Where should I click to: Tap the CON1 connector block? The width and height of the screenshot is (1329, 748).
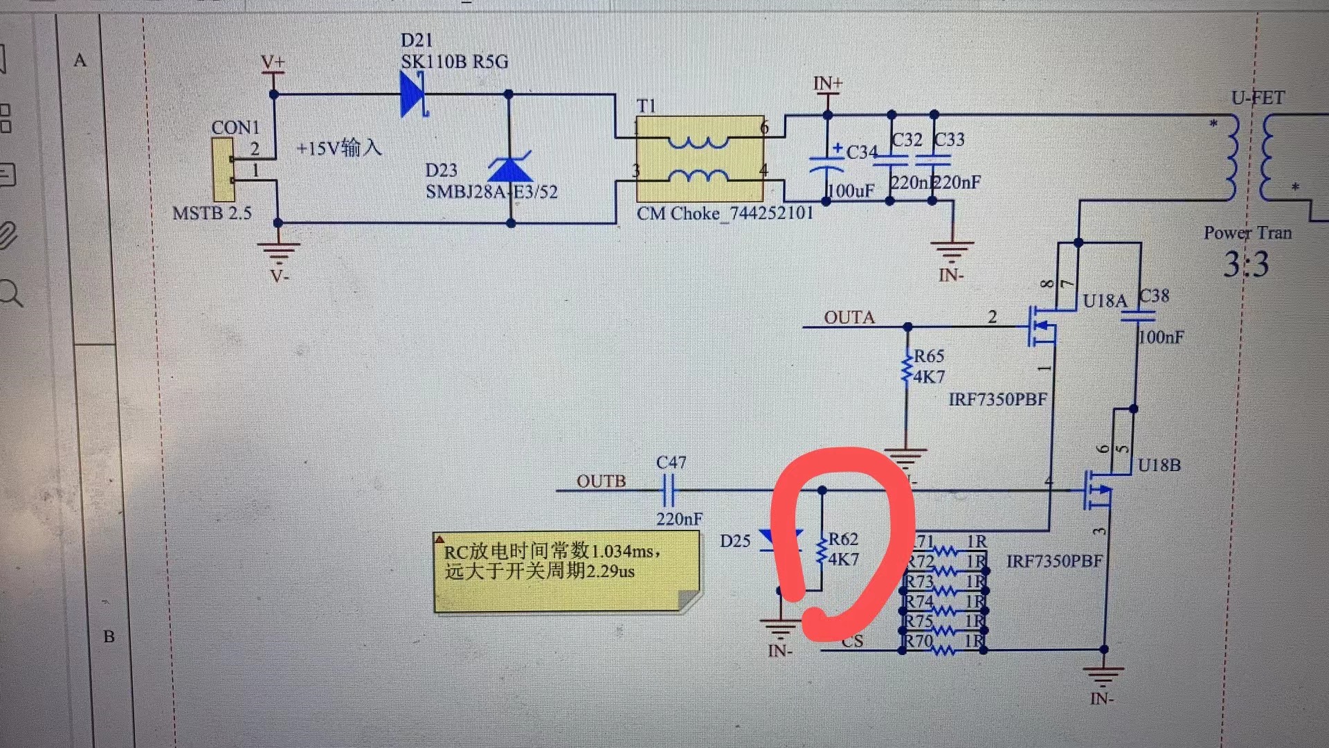(223, 168)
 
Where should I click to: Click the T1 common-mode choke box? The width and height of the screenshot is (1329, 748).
(700, 159)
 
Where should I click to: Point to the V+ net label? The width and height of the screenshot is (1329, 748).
(273, 62)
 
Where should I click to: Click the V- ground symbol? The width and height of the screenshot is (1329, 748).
(278, 253)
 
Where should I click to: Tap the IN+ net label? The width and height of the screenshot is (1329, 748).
(828, 84)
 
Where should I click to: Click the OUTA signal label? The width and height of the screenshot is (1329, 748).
(849, 317)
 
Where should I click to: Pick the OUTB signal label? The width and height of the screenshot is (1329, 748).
(601, 481)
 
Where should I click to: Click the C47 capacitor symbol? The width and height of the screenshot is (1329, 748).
(668, 490)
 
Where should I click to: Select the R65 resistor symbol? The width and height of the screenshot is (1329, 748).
(907, 368)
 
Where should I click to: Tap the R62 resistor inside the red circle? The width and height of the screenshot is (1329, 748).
(822, 549)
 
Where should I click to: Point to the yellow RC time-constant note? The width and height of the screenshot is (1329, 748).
(566, 572)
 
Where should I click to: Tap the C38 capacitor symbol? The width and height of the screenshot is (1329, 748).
(1138, 317)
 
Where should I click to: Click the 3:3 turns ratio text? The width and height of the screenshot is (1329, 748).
(1246, 265)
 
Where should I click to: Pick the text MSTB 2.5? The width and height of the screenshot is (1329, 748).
(212, 213)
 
